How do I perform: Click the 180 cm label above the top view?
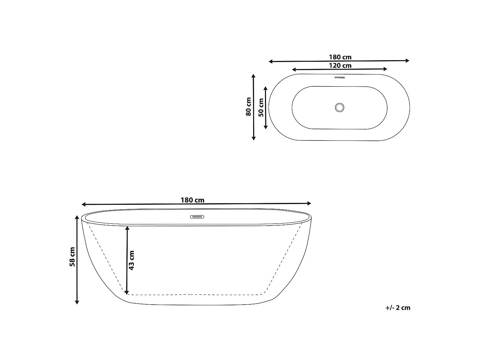coord(340,57)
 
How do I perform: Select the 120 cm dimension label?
coord(340,66)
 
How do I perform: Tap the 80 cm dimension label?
coord(248,107)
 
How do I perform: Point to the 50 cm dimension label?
coord(261,107)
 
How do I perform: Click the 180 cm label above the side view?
coord(192,200)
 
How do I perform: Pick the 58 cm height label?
coord(72,257)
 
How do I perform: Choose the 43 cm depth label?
coord(131,260)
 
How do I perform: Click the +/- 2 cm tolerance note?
coord(398,308)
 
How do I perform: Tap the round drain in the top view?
coord(340,108)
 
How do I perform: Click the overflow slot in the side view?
coord(197,217)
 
